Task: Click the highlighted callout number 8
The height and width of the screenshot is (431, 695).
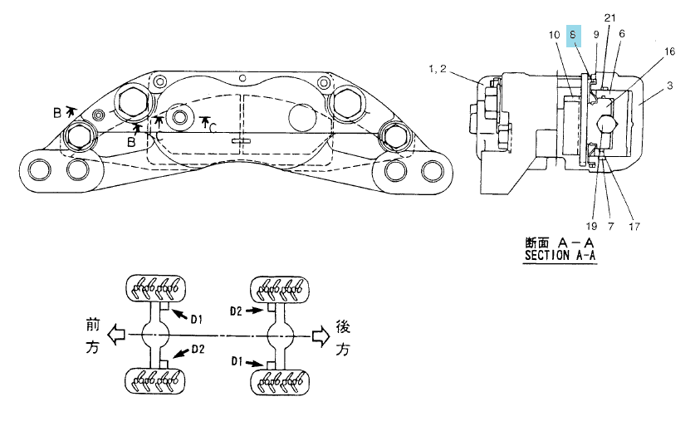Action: [573, 36]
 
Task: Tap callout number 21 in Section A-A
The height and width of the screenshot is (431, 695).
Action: [610, 18]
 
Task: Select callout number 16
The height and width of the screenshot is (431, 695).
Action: [669, 51]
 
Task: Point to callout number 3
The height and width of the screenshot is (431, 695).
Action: [669, 86]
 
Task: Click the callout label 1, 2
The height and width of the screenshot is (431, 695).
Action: [438, 69]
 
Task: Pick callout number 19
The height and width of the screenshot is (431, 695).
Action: [591, 226]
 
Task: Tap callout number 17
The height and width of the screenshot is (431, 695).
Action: [634, 227]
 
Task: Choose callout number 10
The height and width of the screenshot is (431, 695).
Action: [555, 35]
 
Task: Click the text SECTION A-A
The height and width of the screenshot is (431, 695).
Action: [560, 256]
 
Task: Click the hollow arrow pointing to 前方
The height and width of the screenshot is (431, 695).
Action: [117, 335]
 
